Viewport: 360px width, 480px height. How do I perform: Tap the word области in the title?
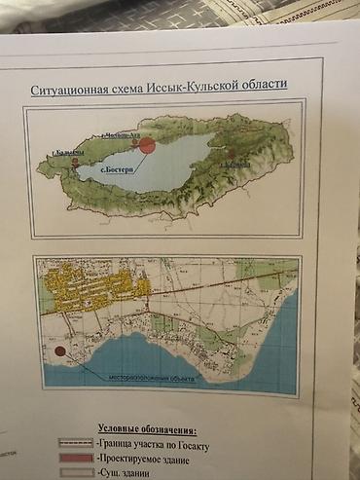[x=261, y=84]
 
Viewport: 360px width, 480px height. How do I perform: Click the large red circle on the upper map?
[x=147, y=146]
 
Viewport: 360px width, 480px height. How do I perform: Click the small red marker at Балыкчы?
[x=74, y=165]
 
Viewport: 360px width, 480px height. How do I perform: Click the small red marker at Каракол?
[x=231, y=154]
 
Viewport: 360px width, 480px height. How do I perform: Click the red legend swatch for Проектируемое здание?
[x=73, y=457]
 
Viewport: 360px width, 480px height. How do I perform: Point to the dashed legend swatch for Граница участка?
[x=73, y=442]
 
